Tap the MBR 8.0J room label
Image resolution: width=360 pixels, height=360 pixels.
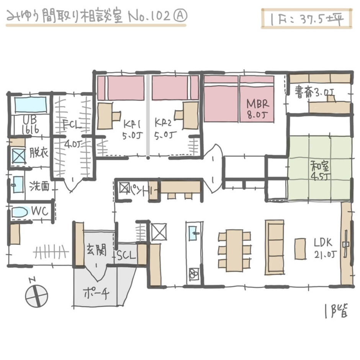(x=258, y=109)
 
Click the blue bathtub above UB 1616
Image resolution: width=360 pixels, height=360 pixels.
(x=30, y=104)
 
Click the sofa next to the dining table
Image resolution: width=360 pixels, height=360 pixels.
(x=274, y=247)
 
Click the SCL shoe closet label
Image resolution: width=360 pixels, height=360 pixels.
(x=126, y=255)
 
